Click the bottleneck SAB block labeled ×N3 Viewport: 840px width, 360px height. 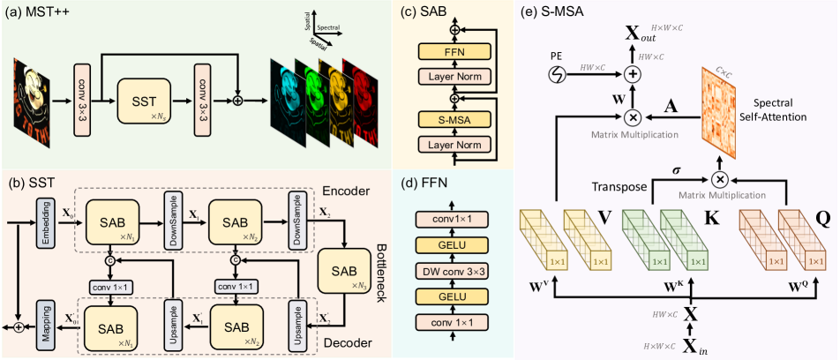[x=348, y=274]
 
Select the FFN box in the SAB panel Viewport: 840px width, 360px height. [x=454, y=53]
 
